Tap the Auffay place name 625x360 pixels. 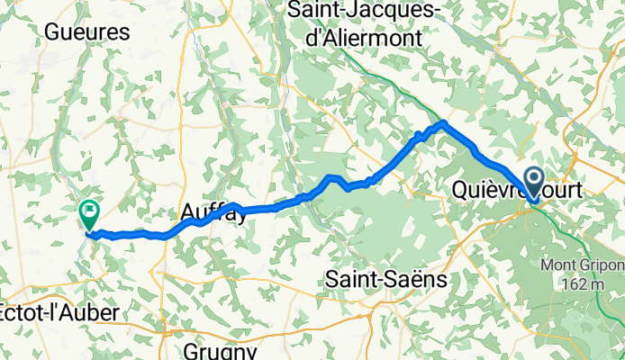[213, 213]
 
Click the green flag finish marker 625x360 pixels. [89, 213]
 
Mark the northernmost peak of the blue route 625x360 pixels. [443, 121]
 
